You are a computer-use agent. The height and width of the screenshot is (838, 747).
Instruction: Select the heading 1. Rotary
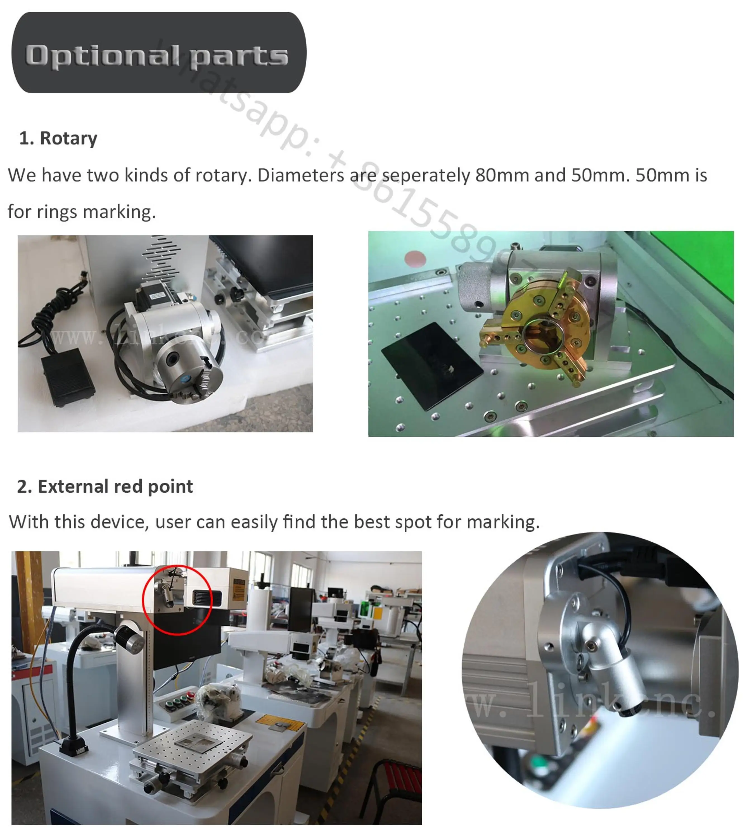click(x=58, y=138)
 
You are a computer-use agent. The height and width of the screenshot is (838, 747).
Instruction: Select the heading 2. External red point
click(x=105, y=487)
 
